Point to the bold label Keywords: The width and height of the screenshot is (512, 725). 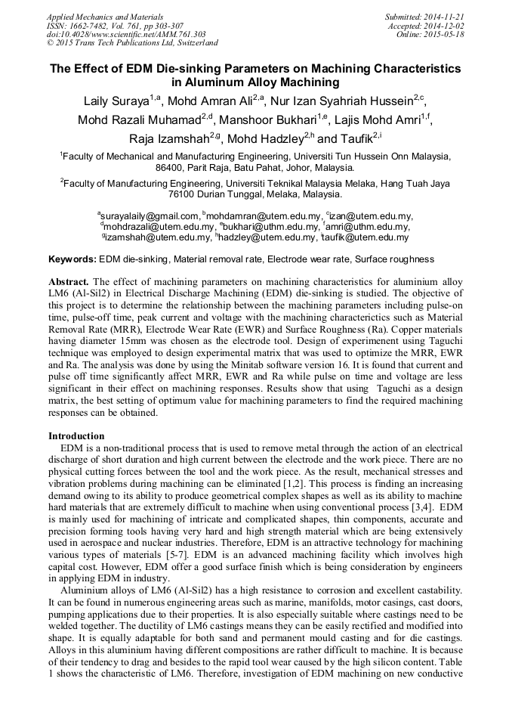[72, 259]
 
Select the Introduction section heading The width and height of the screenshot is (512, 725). [76, 436]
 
